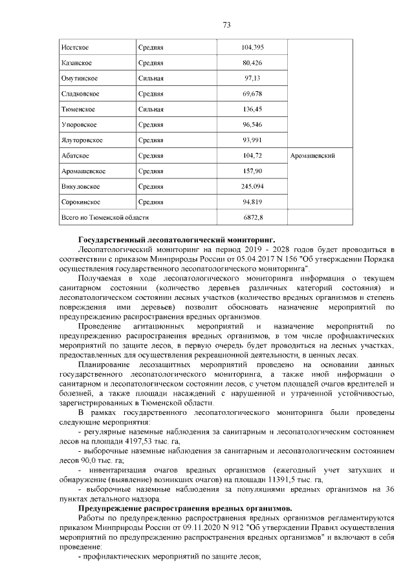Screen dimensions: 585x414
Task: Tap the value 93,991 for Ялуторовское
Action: [x=252, y=140]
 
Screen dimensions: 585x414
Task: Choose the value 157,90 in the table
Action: [x=252, y=171]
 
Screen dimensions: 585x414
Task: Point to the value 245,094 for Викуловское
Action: [x=252, y=187]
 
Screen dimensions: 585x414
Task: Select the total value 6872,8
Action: [x=252, y=218]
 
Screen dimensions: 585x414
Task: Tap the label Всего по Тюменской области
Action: [x=104, y=218]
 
